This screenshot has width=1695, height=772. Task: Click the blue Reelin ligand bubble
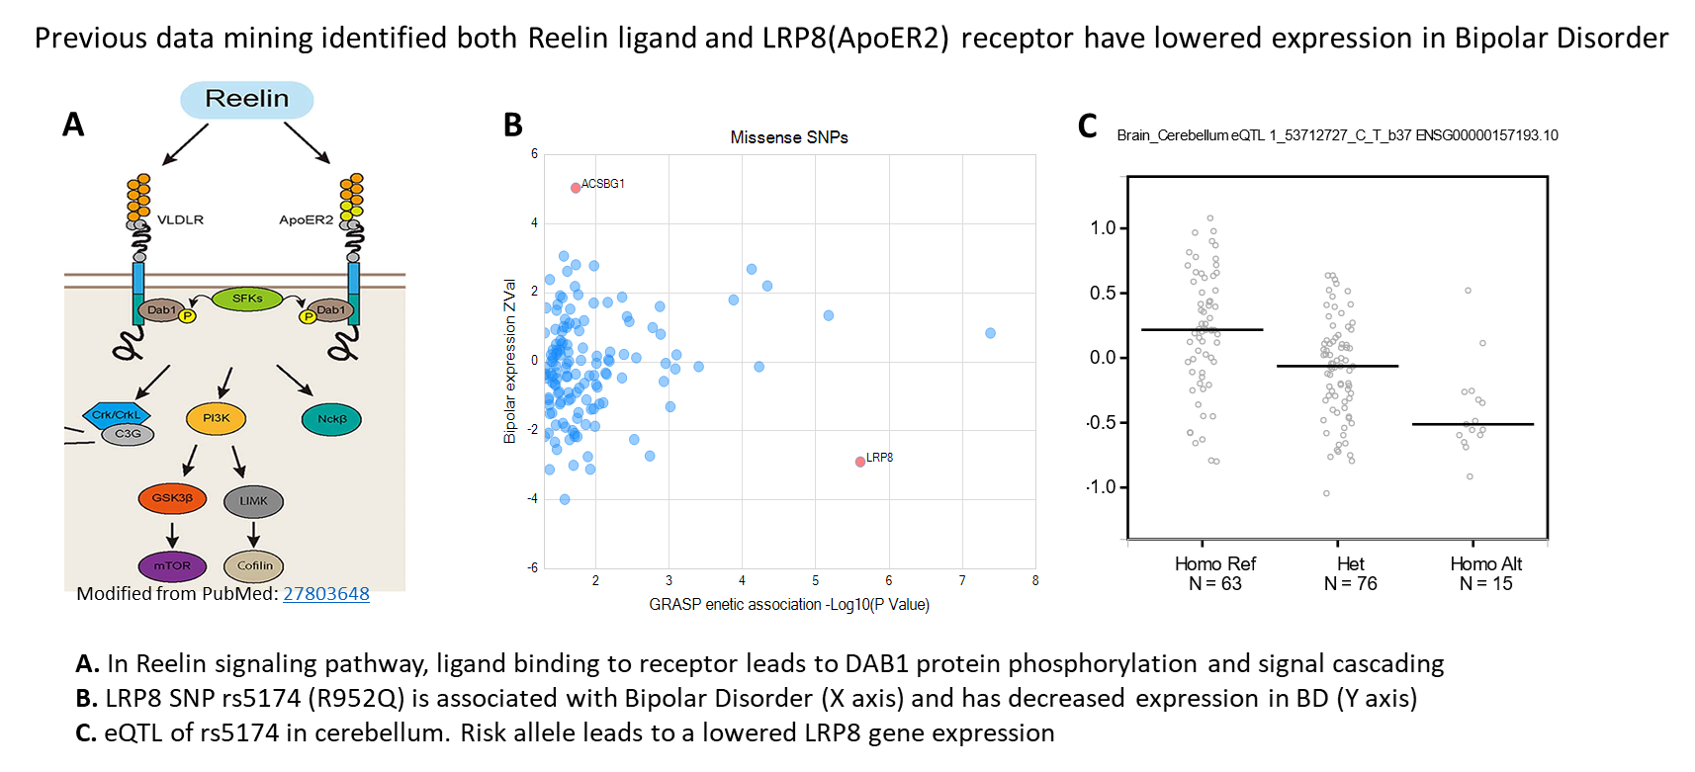247,99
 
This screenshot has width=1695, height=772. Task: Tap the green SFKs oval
247,299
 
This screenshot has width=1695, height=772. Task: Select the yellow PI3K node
217,418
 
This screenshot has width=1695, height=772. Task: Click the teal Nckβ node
331,419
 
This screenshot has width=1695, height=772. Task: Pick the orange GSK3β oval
172,498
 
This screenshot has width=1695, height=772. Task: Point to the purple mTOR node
172,566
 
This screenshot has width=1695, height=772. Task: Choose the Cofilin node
254,566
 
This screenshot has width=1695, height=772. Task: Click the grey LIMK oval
253,501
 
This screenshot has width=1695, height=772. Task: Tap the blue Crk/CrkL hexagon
117,415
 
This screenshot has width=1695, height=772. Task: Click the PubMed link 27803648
326,594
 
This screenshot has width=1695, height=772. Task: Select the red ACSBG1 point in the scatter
576,188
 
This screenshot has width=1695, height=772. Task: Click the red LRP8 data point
860,462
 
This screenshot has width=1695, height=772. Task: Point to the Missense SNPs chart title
789,137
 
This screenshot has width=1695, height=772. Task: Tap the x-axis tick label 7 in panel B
962,581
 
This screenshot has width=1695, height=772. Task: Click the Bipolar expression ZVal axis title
510,361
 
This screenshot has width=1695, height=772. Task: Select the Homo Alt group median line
1472,424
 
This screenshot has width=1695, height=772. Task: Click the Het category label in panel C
1351,563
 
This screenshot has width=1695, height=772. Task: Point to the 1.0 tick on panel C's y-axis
1103,228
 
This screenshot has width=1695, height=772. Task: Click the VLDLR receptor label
180,219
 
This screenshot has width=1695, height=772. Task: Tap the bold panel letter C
1088,126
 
